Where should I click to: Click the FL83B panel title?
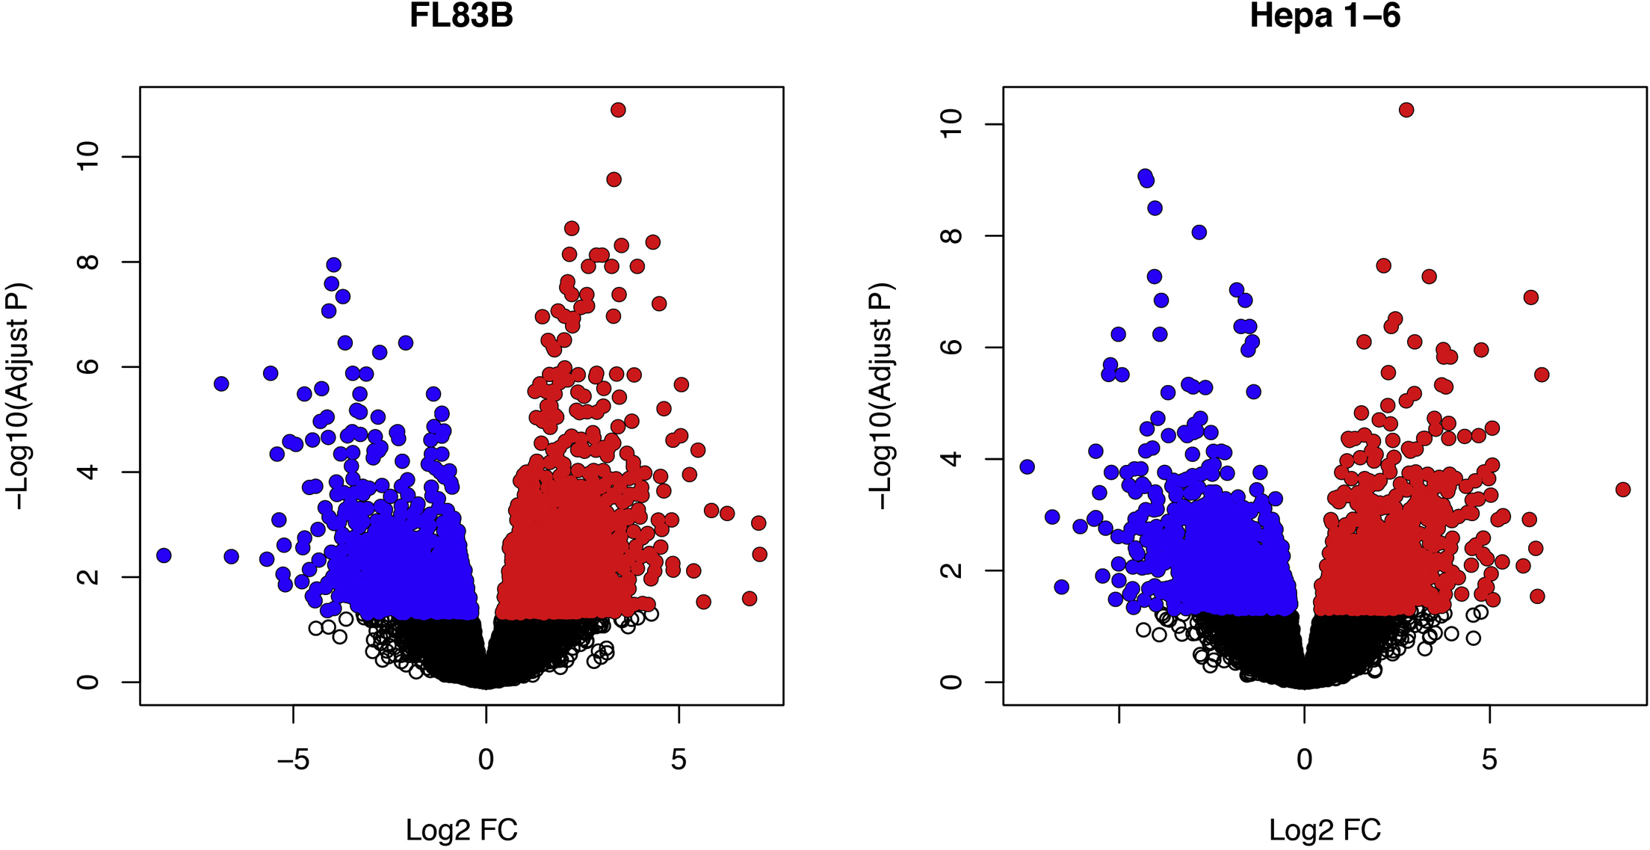pyautogui.click(x=461, y=16)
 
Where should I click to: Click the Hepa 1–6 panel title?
pyautogui.click(x=1325, y=16)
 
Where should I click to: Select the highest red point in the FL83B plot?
pyautogui.click(x=618, y=110)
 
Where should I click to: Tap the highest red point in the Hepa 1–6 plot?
pyautogui.click(x=1406, y=110)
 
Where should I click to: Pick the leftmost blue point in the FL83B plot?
pyautogui.click(x=164, y=555)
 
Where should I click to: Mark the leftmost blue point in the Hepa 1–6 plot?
pyautogui.click(x=1027, y=466)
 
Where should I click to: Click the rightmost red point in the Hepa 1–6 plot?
pyautogui.click(x=1622, y=490)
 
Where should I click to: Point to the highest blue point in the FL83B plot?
pyautogui.click(x=334, y=265)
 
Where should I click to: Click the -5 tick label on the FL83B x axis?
pyautogui.click(x=293, y=760)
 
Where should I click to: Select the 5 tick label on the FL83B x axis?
pyautogui.click(x=679, y=760)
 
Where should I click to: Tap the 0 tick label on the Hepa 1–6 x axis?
pyautogui.click(x=1304, y=760)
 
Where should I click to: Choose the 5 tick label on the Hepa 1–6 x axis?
pyautogui.click(x=1489, y=760)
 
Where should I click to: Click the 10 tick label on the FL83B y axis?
pyautogui.click(x=87, y=156)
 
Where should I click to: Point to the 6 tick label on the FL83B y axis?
pyautogui.click(x=87, y=366)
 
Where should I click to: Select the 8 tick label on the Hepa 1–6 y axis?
pyautogui.click(x=951, y=235)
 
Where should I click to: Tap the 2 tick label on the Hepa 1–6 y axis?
pyautogui.click(x=951, y=570)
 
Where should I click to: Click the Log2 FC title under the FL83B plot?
pyautogui.click(x=461, y=830)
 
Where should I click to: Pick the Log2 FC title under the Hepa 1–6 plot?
pyautogui.click(x=1325, y=830)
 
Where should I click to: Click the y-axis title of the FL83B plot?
pyautogui.click(x=18, y=396)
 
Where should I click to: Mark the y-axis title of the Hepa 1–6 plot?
pyautogui.click(x=881, y=396)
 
